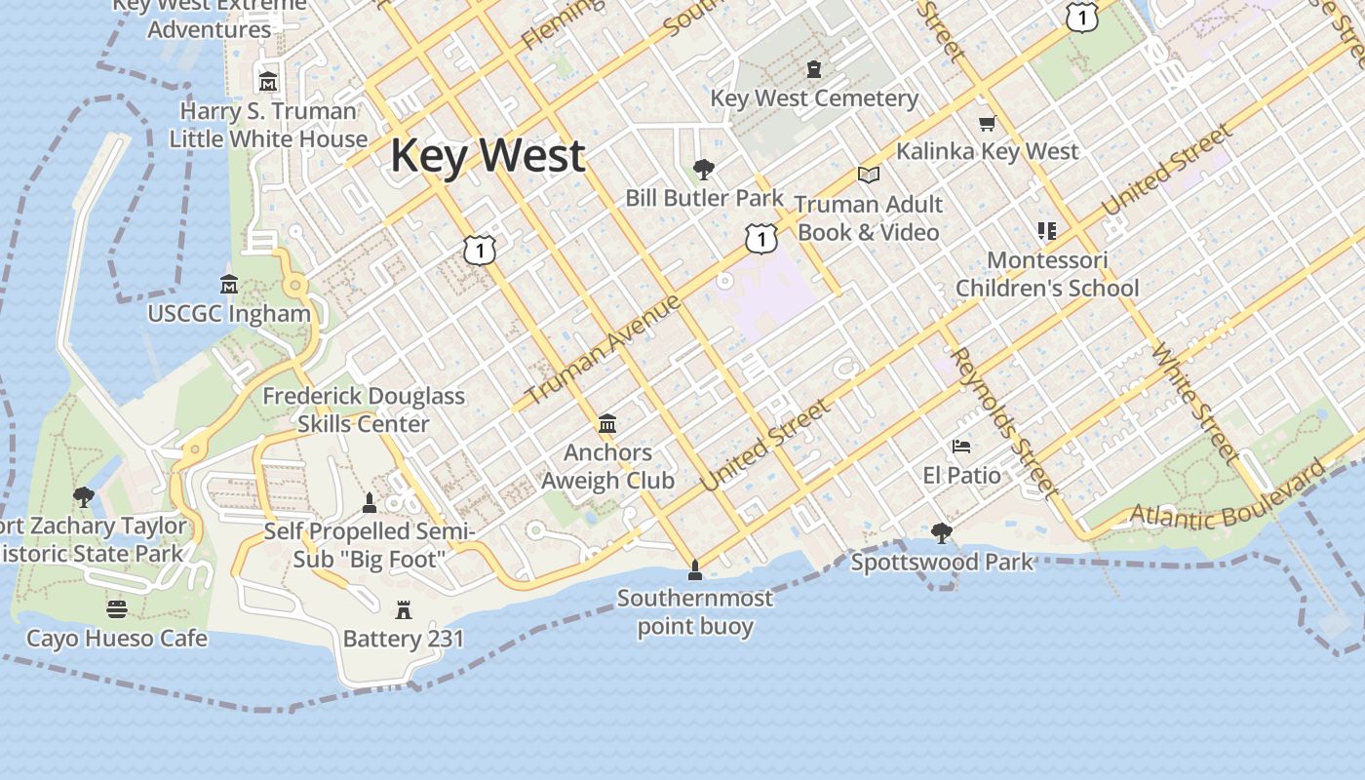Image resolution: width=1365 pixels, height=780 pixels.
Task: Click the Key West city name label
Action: (x=487, y=156)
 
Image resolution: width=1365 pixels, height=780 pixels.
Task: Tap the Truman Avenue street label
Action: (x=604, y=350)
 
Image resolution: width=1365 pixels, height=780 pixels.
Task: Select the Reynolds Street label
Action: (x=1003, y=421)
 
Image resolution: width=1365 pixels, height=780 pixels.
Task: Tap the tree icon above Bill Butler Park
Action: (x=704, y=170)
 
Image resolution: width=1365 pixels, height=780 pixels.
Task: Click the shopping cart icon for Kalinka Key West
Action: (x=987, y=123)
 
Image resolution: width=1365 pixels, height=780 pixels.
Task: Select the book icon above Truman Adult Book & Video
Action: (x=868, y=175)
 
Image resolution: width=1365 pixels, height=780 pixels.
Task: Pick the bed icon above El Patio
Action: (x=961, y=447)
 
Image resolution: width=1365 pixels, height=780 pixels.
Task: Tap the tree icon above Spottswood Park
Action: (x=941, y=532)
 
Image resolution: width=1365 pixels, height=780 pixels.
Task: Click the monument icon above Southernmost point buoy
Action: (x=695, y=568)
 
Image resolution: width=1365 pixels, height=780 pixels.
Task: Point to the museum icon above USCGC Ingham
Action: (x=229, y=284)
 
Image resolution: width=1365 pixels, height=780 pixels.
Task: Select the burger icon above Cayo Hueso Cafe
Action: (x=117, y=609)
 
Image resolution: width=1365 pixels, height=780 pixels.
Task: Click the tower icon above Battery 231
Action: (x=404, y=610)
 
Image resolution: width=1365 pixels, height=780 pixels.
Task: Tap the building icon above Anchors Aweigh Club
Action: (x=607, y=423)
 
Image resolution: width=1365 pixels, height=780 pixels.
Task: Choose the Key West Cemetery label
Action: (x=814, y=98)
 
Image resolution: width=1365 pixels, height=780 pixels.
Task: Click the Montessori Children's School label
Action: (x=1047, y=274)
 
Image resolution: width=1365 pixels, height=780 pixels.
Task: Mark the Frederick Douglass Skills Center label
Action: (x=364, y=409)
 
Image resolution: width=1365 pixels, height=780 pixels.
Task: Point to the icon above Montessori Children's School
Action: (x=1047, y=231)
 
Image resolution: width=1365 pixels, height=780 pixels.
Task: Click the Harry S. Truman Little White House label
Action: (x=268, y=125)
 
